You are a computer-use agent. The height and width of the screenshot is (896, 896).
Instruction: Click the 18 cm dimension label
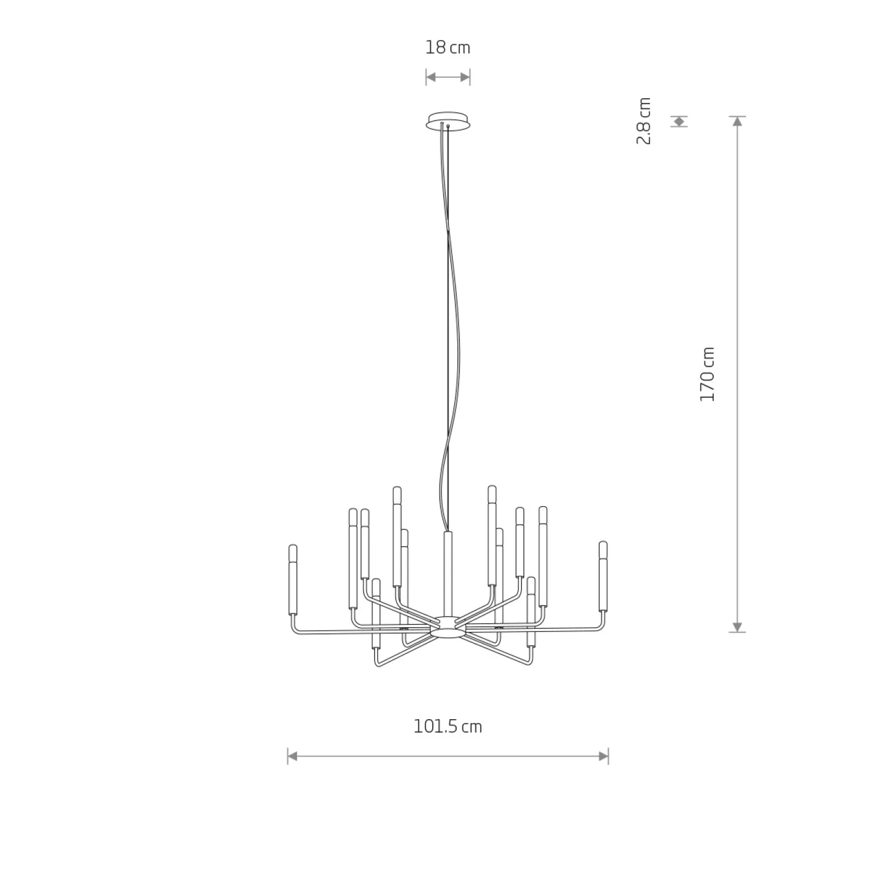(447, 47)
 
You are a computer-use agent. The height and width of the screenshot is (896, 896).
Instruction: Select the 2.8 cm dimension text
(643, 121)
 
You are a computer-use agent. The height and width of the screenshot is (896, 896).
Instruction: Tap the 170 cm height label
(707, 374)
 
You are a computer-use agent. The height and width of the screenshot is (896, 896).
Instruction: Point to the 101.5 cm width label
(447, 727)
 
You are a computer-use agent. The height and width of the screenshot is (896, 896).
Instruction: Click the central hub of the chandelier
(447, 627)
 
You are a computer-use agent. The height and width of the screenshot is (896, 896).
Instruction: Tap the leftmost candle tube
(293, 579)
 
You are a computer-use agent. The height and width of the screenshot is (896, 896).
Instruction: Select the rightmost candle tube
(603, 576)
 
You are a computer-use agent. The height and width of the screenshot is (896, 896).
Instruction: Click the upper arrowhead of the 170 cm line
(738, 121)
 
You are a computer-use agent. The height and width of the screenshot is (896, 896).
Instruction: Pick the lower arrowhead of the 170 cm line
(738, 627)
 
